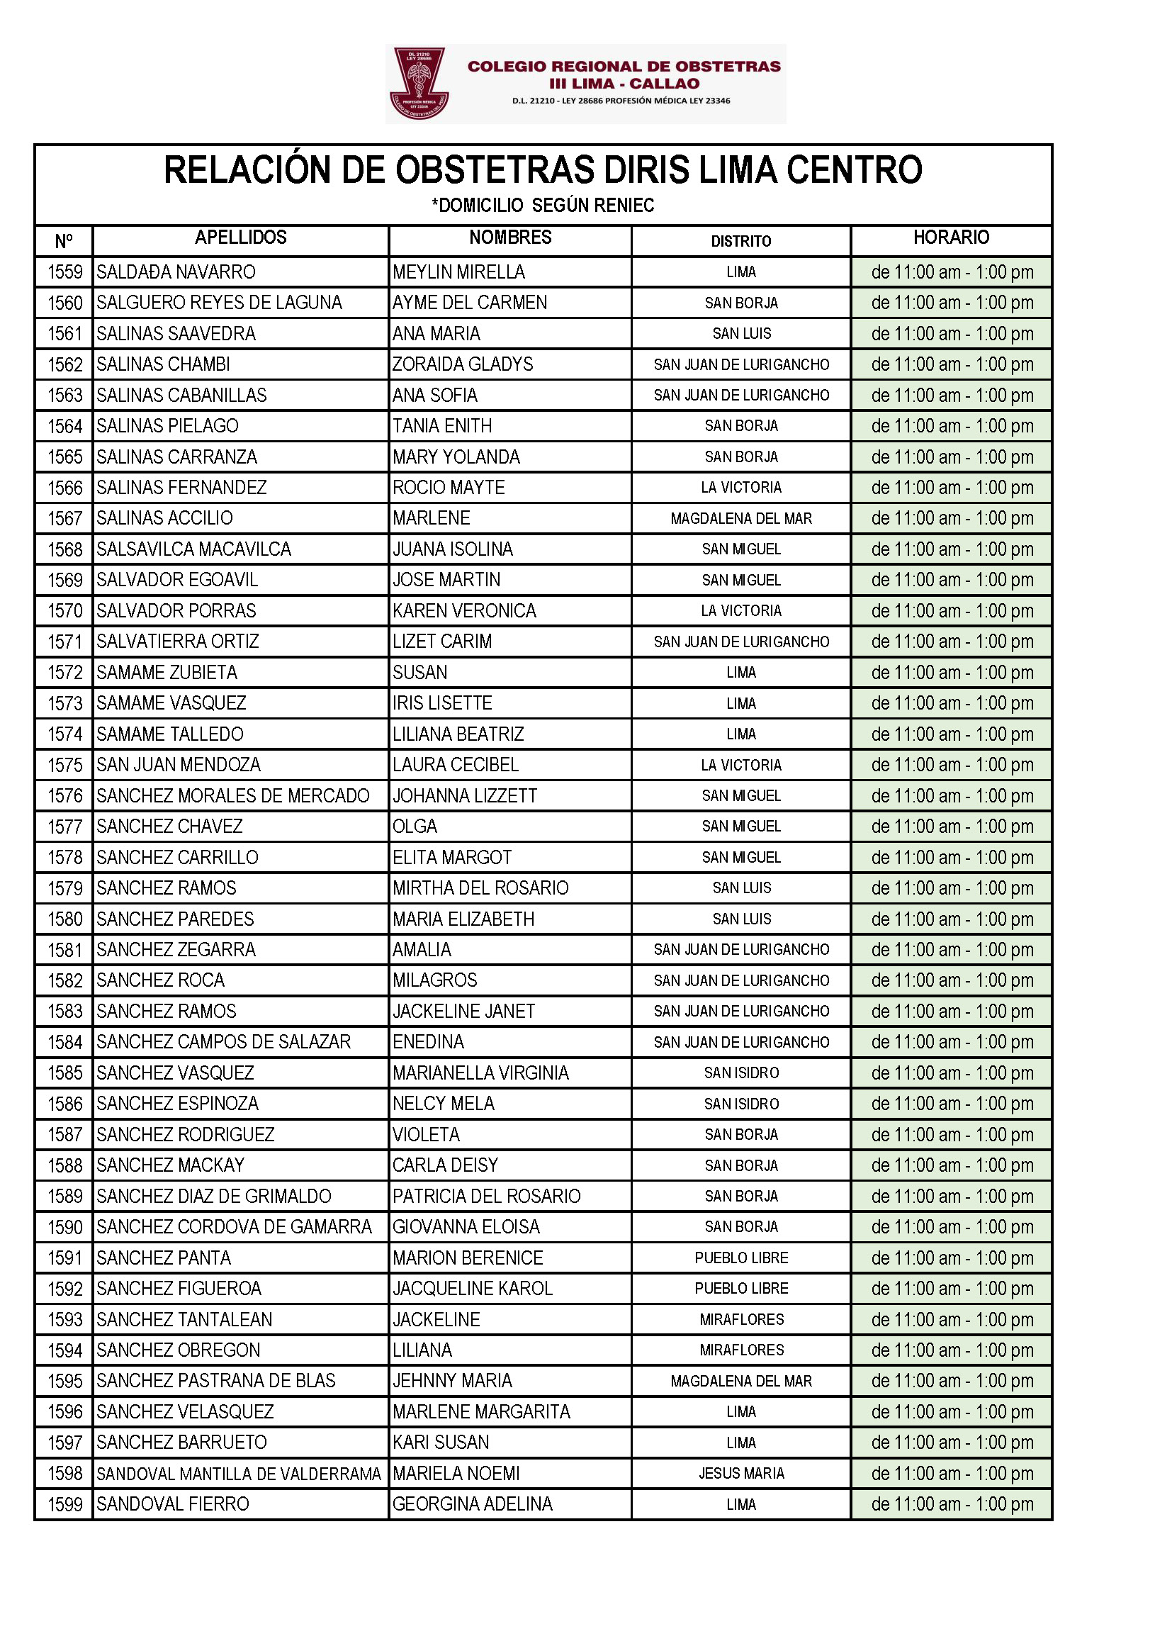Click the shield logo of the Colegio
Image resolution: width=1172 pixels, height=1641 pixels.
419,82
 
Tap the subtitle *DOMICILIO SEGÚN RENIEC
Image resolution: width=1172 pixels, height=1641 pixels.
543,206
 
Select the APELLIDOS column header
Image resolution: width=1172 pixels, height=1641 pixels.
240,237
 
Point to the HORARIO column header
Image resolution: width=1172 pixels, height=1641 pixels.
950,237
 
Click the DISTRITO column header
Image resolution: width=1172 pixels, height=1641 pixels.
740,241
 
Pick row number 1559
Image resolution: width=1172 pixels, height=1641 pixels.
65,272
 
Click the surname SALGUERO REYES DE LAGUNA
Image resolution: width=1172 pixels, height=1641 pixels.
219,303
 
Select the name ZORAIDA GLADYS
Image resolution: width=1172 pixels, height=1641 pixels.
463,364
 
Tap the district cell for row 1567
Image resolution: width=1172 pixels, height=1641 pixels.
740,518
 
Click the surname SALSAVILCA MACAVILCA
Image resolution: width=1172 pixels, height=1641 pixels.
193,549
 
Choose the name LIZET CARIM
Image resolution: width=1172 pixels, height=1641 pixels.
441,642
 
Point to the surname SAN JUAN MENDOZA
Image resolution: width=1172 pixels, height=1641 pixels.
179,765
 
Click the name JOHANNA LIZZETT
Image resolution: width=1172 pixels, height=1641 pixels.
465,795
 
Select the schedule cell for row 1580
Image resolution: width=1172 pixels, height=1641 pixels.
951,919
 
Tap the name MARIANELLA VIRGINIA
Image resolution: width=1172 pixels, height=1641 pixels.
480,1072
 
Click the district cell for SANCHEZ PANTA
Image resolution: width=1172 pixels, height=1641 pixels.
740,1258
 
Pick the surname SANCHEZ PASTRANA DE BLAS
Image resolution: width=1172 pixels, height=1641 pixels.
216,1381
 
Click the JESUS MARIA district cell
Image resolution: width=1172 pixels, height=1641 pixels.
740,1474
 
